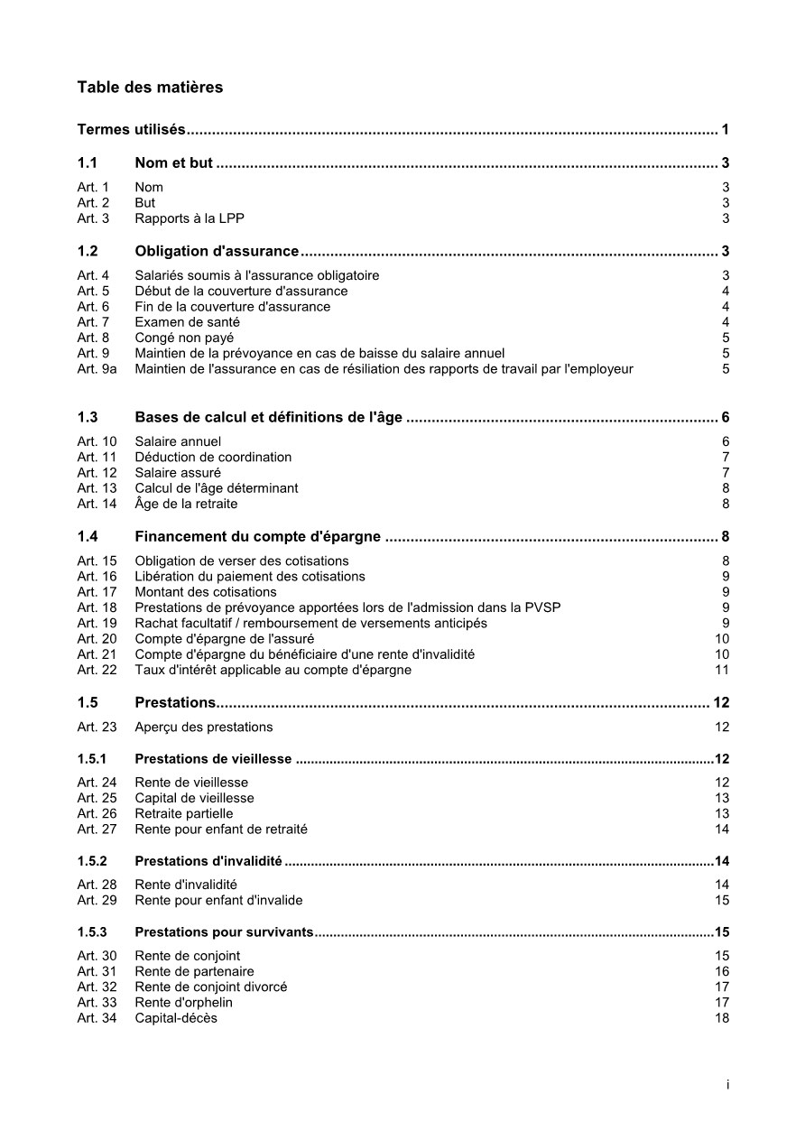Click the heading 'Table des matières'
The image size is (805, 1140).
coord(150,88)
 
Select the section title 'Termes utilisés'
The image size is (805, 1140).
coord(132,130)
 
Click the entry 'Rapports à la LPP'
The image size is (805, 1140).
coord(190,218)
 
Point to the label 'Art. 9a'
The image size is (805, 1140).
coord(97,368)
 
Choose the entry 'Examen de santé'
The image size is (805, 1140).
coord(184,322)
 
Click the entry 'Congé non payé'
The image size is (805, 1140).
coord(184,338)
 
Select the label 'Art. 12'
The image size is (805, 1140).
coord(97,472)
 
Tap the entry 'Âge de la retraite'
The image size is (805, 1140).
coord(186,504)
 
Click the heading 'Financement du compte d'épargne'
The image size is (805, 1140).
coord(257,537)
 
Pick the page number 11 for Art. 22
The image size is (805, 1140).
coord(722,670)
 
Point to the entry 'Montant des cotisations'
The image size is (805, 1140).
coord(206,592)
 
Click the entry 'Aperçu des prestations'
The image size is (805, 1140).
coord(204,727)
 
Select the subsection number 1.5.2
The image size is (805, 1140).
coord(92,861)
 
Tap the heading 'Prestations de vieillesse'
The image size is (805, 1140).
coord(213,759)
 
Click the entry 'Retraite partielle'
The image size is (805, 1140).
coord(184,813)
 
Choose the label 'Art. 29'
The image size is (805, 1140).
coord(97,900)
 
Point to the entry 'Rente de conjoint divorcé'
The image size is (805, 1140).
coord(211,987)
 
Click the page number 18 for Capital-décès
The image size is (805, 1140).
coord(722,1018)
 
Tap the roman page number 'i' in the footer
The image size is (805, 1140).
coord(727,1085)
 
